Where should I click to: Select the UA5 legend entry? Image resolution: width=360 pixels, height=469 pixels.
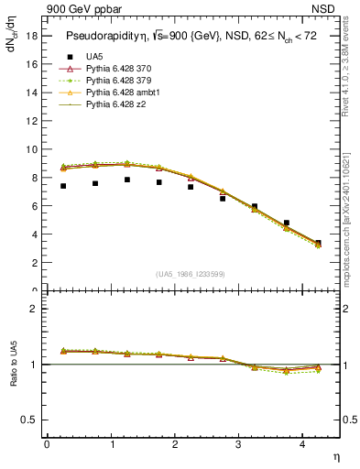94,57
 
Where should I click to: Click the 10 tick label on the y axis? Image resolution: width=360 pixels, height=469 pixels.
32,149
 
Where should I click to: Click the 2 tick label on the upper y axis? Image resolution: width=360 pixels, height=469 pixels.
35,263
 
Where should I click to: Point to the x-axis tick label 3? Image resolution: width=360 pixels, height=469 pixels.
238,444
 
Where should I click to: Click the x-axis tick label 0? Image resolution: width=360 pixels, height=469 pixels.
47,444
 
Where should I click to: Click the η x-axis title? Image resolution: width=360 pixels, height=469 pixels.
334,455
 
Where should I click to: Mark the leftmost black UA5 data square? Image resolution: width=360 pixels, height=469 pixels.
63,186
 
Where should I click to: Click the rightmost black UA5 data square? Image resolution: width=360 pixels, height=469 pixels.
318,243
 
